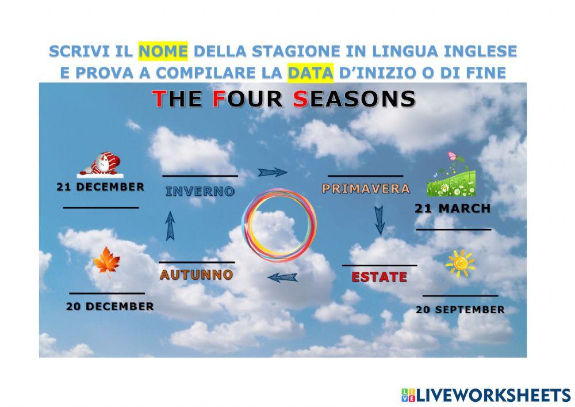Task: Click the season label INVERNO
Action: click(200, 192)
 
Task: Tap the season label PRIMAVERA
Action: click(366, 188)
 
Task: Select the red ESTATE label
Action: click(379, 277)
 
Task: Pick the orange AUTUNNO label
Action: click(197, 275)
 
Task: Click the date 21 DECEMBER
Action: click(100, 187)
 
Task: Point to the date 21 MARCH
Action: click(453, 209)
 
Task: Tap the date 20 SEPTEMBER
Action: click(460, 309)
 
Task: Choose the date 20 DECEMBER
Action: click(110, 306)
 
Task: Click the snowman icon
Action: click(102, 165)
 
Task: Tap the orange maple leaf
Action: click(106, 262)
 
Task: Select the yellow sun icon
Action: click(461, 264)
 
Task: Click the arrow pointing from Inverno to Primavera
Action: click(272, 172)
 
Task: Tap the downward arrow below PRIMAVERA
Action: click(379, 220)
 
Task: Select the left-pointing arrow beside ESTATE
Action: click(283, 278)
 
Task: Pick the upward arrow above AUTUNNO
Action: click(170, 226)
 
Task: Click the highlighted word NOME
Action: click(163, 52)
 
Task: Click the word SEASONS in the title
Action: click(354, 98)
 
